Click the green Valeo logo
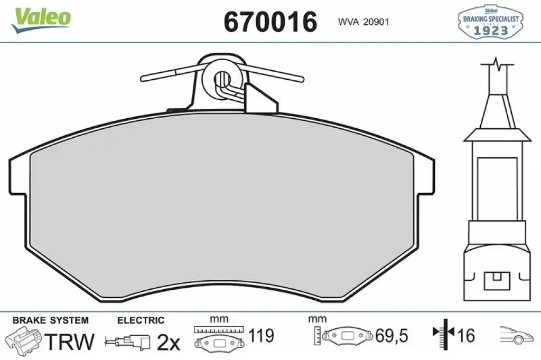41,20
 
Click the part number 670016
270,22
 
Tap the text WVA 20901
363,22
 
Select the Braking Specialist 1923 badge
490,22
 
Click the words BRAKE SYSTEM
50,320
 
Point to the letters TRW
70,342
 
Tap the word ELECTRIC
141,320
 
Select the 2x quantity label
169,342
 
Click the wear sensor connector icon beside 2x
128,342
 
